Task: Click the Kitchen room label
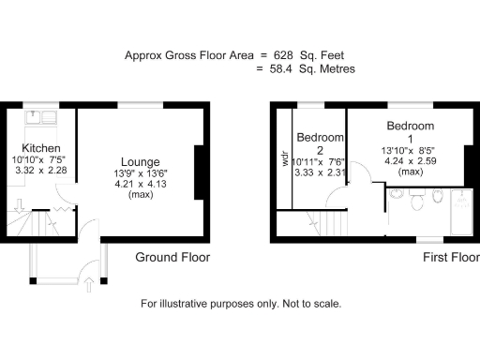pos(41,149)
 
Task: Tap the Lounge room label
pos(140,161)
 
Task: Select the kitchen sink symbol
pos(42,118)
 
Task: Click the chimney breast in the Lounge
pos(199,172)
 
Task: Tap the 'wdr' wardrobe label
pos(285,157)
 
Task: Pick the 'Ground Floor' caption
pos(172,257)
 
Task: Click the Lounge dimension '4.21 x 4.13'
pos(140,184)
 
